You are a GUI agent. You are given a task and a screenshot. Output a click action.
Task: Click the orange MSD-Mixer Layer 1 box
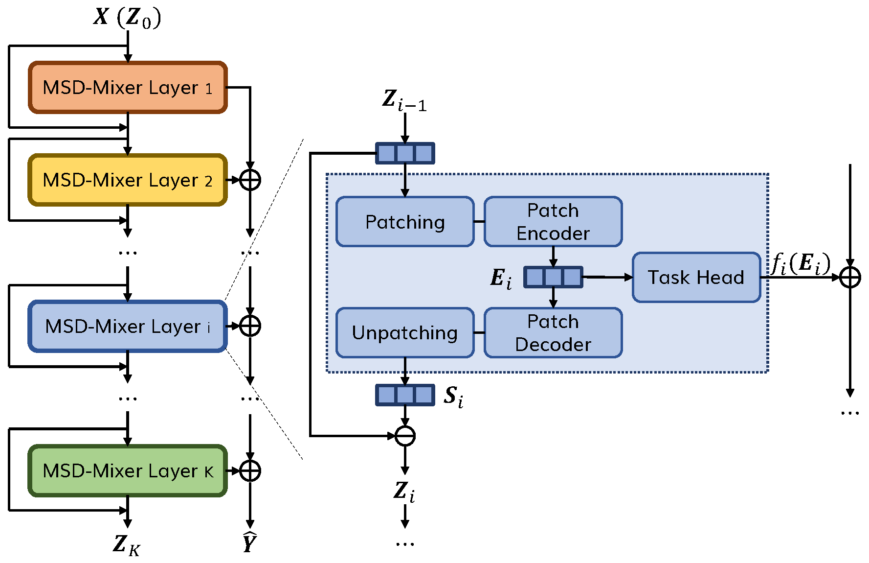point(128,88)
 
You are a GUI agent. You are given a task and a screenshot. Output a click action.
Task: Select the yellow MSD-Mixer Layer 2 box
point(128,180)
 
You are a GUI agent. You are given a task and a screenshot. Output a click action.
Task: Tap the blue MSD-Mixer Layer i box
point(128,326)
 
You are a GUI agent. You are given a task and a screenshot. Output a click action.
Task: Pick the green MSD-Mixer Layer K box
point(128,470)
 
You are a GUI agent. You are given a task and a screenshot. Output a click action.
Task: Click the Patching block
point(405,222)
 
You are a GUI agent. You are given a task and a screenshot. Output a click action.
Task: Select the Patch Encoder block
point(553,222)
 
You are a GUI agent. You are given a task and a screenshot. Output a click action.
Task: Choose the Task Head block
point(696,277)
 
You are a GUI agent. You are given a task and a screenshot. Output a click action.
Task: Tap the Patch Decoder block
point(553,333)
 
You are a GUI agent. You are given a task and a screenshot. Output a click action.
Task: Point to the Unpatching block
point(405,333)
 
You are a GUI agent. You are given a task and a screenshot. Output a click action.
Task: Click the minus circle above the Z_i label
point(405,436)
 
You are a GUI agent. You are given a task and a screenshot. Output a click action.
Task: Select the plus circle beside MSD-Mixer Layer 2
point(250,180)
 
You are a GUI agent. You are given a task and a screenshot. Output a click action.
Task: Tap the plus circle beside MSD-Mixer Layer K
point(250,470)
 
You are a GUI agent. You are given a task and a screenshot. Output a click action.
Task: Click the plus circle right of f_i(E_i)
point(850,278)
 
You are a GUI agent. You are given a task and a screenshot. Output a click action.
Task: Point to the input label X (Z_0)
point(127,18)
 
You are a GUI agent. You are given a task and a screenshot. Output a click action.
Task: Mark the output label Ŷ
point(250,542)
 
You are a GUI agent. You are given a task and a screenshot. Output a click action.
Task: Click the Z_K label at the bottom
point(127,545)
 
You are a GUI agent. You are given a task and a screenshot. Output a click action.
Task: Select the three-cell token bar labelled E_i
point(553,277)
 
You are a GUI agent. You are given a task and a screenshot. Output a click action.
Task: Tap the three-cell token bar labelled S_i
point(405,395)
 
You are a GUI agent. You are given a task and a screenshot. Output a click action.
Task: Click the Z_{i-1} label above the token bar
point(404,100)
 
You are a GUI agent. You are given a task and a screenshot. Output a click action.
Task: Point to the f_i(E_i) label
point(801,264)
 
